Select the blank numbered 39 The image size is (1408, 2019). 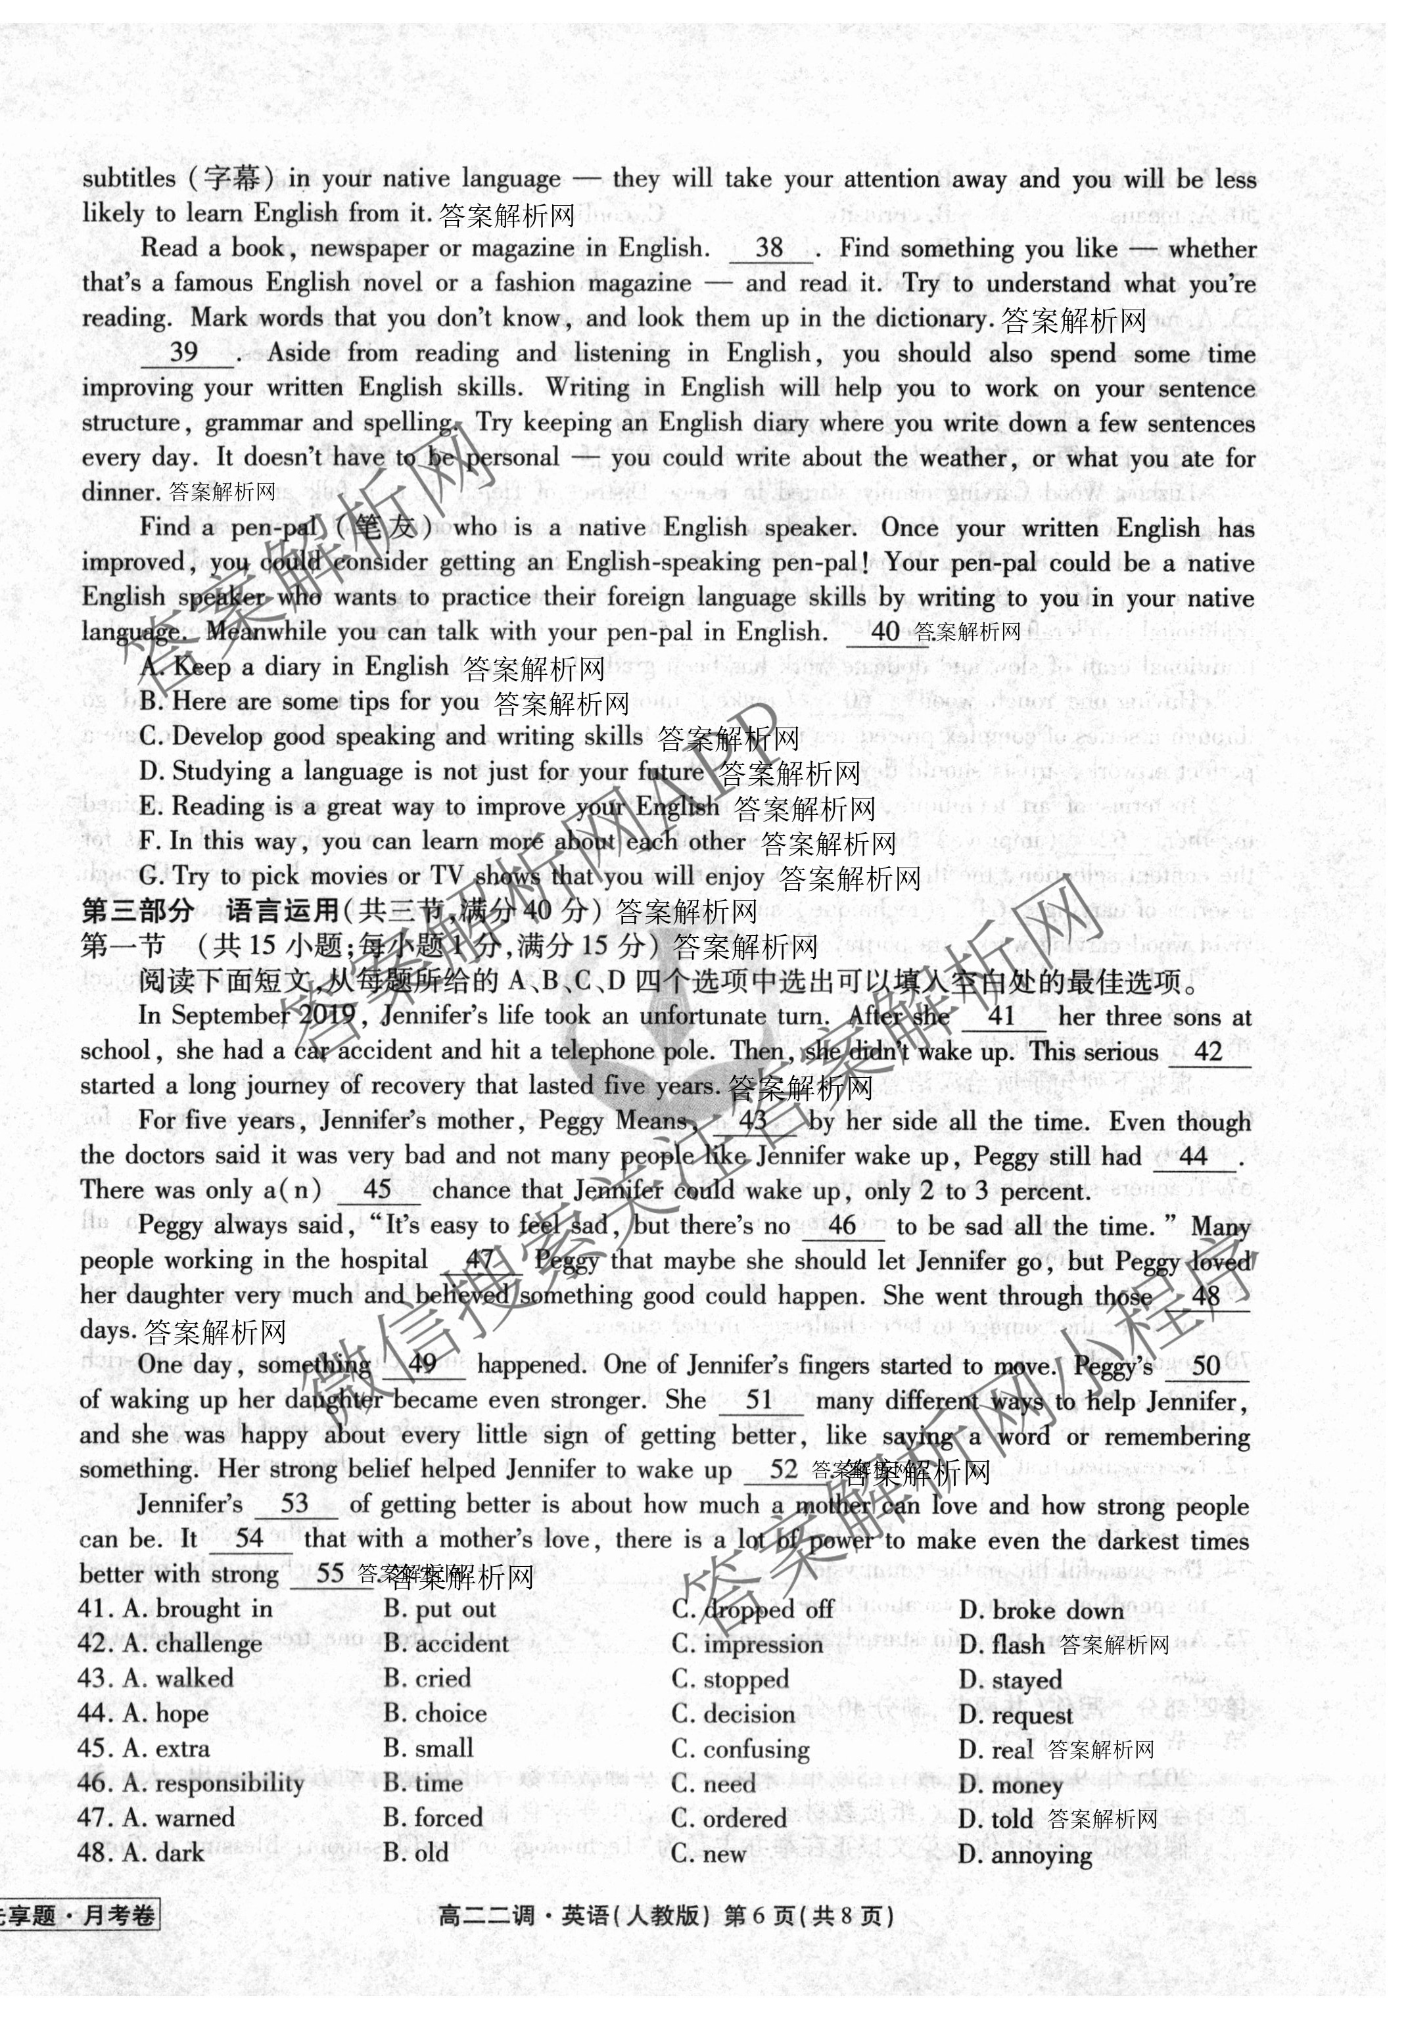pos(185,354)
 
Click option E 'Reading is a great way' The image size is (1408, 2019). pos(429,806)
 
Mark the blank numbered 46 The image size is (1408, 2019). pos(843,1226)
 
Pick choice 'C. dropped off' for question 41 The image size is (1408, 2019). pos(753,1610)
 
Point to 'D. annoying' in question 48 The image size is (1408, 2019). pos(1025,1855)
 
